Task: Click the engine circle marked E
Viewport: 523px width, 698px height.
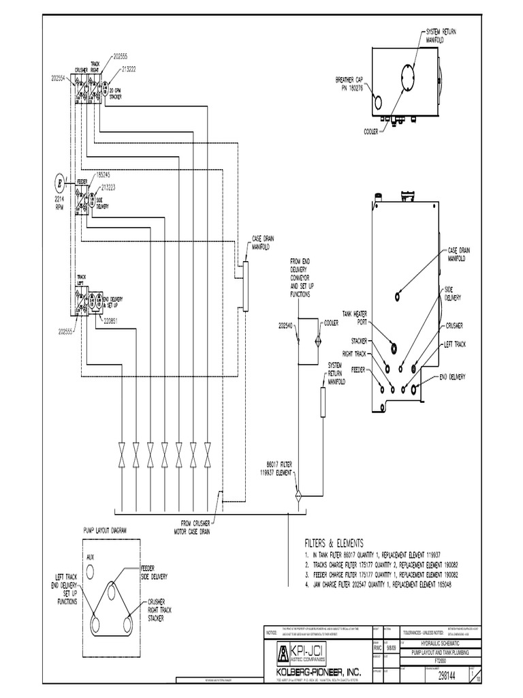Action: tap(59, 183)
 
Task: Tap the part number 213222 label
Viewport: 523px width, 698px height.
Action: tap(131, 69)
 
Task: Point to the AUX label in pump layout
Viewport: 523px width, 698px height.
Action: tap(90, 557)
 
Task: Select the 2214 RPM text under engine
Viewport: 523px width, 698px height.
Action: tap(59, 202)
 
